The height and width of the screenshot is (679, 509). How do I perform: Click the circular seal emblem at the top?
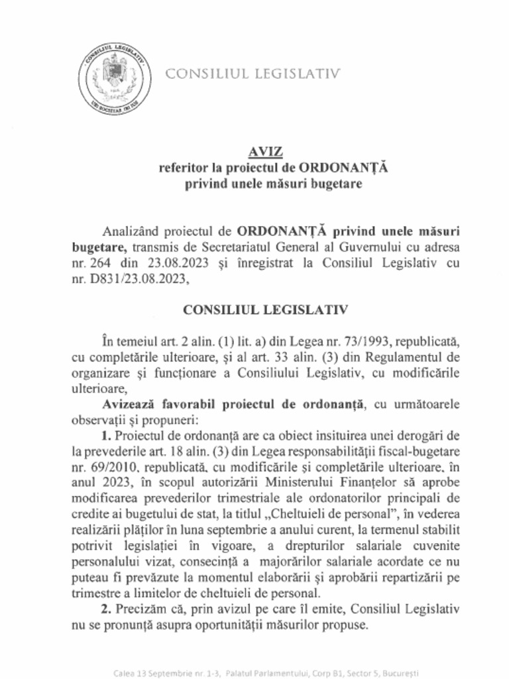click(112, 77)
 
